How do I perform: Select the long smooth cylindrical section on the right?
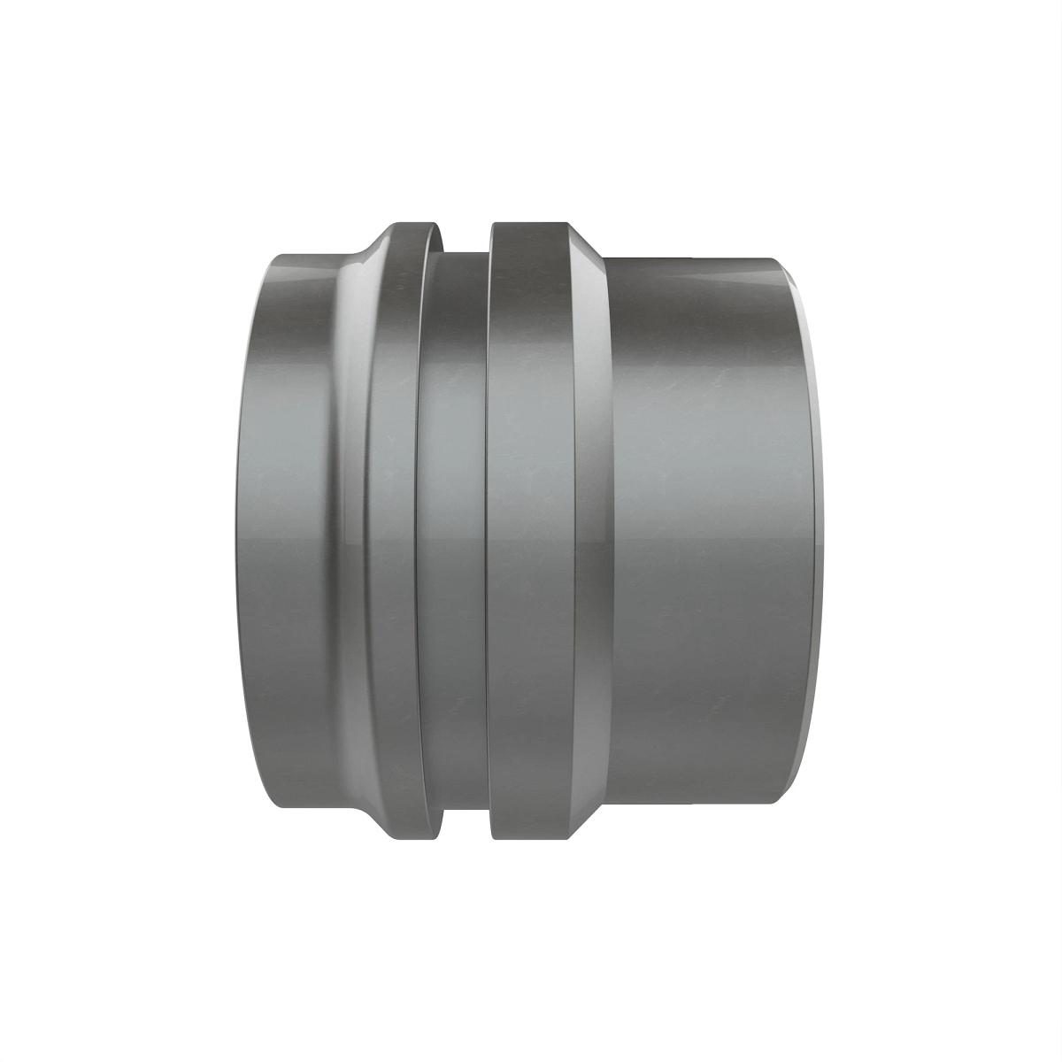(699, 531)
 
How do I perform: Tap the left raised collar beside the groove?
(391, 531)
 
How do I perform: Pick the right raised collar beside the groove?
(531, 531)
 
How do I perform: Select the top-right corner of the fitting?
(779, 258)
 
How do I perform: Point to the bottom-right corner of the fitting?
(779, 804)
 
